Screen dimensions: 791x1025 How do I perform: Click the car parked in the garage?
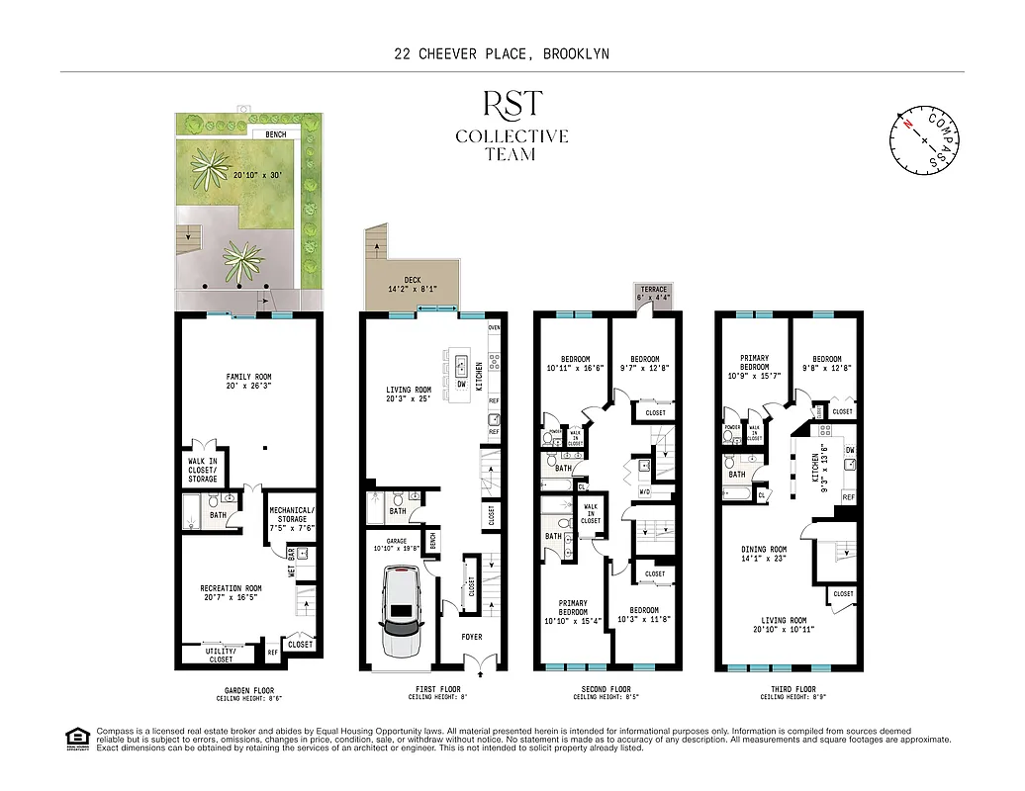click(x=403, y=612)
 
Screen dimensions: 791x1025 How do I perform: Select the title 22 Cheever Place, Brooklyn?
click(x=512, y=54)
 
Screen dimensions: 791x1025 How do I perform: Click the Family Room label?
click(x=248, y=377)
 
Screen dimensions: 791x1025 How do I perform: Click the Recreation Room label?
click(x=231, y=588)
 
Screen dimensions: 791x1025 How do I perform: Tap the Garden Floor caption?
click(x=248, y=690)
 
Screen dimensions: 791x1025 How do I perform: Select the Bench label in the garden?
click(x=276, y=134)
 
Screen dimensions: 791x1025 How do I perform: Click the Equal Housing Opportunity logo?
click(x=75, y=738)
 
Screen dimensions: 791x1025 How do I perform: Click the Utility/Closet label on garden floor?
click(x=221, y=655)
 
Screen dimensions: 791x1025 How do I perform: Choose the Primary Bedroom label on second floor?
click(x=572, y=608)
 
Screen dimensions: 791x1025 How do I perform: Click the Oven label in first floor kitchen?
click(x=495, y=327)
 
